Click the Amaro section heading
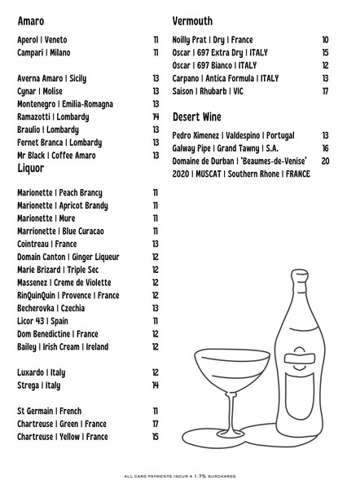point(30,20)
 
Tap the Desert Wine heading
point(198,117)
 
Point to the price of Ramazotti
point(155,117)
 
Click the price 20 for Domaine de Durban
point(325,161)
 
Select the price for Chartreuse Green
point(155,424)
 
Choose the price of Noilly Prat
point(325,40)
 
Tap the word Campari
point(32,53)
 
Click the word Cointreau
point(34,244)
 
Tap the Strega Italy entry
point(38,385)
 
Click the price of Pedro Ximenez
point(325,135)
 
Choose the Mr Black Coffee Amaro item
point(56,156)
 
